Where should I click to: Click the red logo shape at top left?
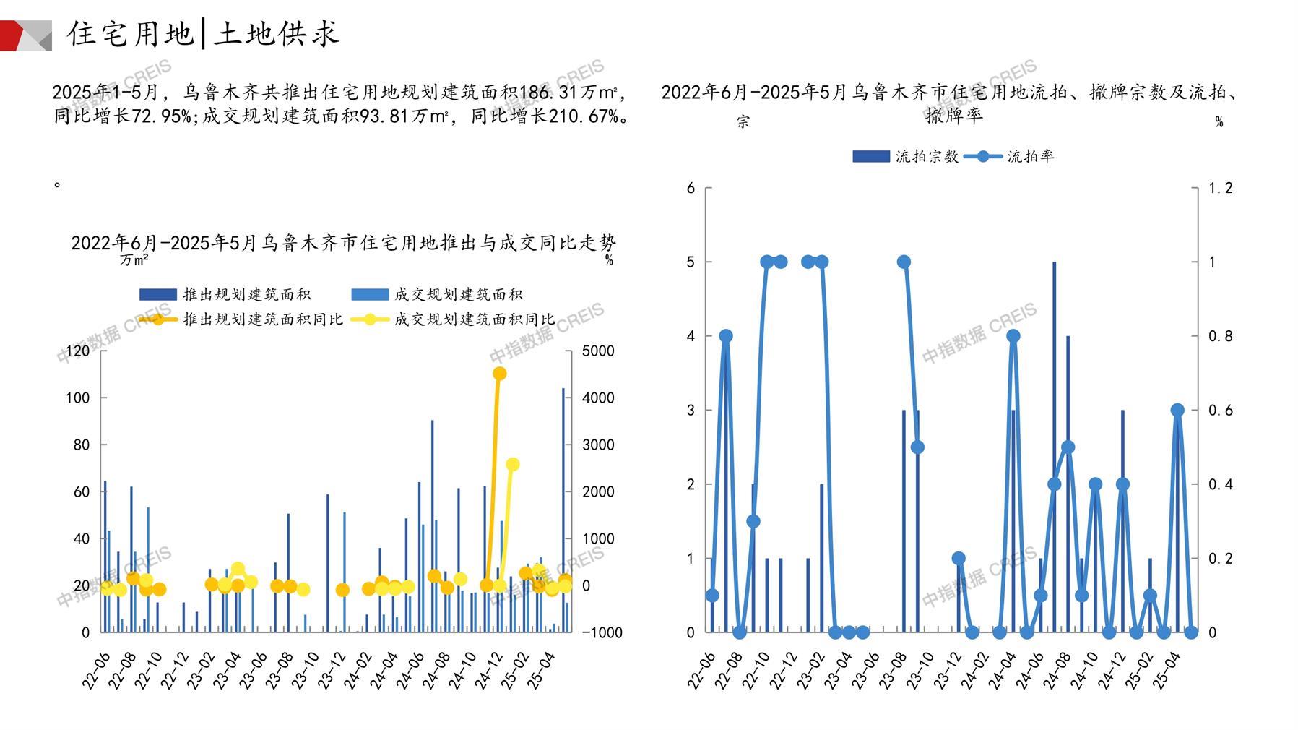[x=12, y=35]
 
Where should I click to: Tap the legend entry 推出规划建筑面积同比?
[x=262, y=319]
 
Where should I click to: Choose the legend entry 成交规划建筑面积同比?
[x=474, y=319]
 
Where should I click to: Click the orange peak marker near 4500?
[x=499, y=374]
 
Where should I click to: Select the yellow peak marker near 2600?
[x=513, y=465]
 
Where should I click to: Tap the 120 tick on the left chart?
[x=78, y=351]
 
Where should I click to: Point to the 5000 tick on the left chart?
[x=598, y=351]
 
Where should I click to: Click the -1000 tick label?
[x=602, y=632]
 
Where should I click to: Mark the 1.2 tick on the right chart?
[x=1221, y=188]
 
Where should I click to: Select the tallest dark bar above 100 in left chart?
[x=563, y=510]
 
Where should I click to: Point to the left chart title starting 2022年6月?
[x=343, y=242]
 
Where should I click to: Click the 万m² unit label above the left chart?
[x=135, y=259]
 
